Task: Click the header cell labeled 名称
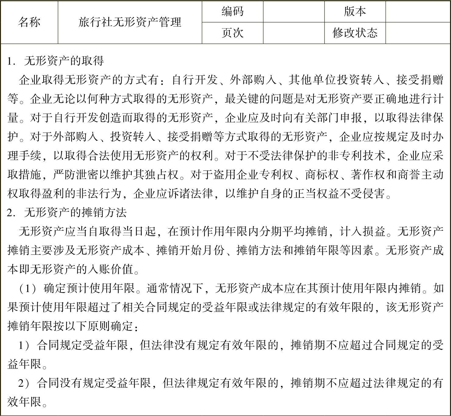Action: tap(29, 22)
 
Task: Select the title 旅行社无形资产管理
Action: tap(130, 22)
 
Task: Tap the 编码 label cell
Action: tap(232, 12)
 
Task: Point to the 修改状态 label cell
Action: tap(355, 33)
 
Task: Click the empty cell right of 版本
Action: tap(418, 12)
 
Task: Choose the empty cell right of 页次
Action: tap(294, 33)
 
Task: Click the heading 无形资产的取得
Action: tap(64, 61)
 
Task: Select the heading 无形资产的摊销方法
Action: tap(75, 212)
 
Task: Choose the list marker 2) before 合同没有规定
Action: tap(24, 383)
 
